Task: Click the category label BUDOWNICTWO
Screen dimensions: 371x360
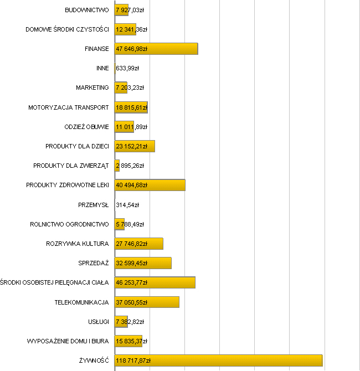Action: pos(87,10)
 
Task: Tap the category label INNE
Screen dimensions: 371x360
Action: pos(102,68)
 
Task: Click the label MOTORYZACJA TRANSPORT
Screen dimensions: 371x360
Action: pos(69,107)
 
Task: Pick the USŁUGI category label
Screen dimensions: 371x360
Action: pos(99,322)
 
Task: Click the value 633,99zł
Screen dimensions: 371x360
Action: pos(127,68)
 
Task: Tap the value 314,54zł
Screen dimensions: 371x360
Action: pos(127,205)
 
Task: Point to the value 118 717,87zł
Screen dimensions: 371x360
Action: pos(133,360)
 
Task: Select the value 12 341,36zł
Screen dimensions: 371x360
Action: pos(131,29)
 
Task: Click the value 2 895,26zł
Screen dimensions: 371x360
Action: pos(130,166)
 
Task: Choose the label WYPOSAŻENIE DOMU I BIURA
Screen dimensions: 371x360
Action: pos(68,341)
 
